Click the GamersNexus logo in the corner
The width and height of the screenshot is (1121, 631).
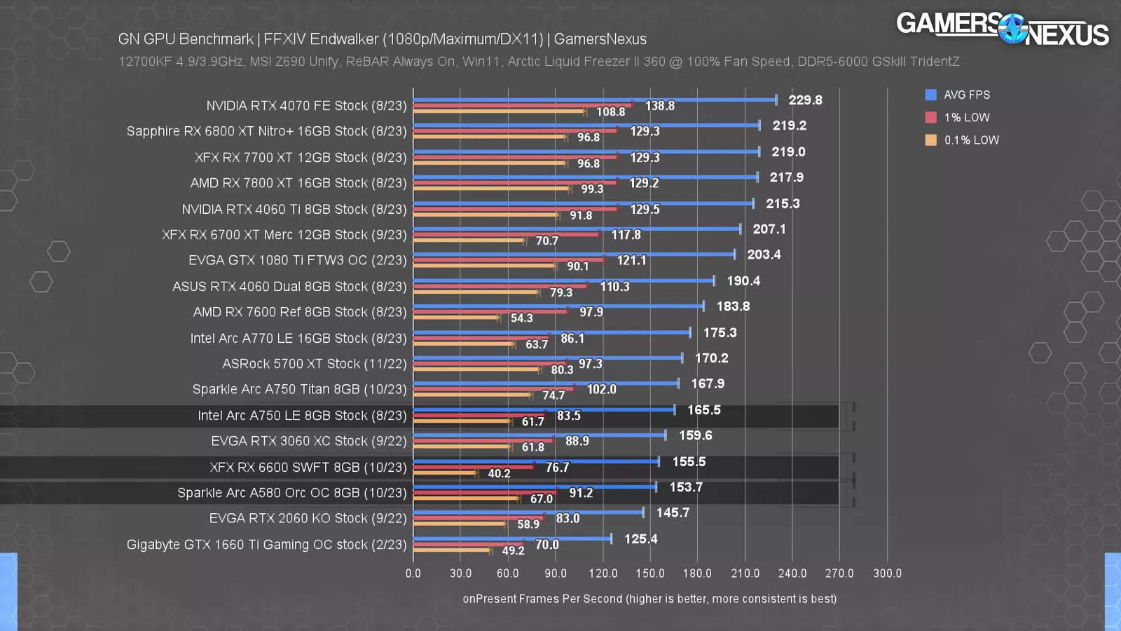tap(1002, 29)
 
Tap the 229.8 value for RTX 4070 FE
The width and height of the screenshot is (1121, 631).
tap(805, 100)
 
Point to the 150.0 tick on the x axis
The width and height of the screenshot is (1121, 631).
tap(649, 573)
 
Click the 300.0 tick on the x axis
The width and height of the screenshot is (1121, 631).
tap(886, 573)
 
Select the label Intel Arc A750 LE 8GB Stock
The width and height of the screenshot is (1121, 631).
tap(301, 415)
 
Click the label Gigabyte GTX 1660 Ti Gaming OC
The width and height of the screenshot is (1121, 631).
tap(266, 544)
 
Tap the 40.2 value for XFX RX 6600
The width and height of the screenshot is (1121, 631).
tap(499, 473)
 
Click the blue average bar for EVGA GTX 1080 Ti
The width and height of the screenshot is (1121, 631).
tap(575, 255)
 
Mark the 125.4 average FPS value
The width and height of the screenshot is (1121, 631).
tap(640, 538)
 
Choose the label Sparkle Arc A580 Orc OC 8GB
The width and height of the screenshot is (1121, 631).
tap(291, 492)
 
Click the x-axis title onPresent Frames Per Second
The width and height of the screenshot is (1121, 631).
tap(649, 598)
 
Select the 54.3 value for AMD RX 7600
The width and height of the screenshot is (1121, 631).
tap(521, 318)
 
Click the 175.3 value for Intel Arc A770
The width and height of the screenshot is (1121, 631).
tap(720, 332)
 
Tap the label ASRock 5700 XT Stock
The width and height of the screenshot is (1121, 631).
tap(314, 363)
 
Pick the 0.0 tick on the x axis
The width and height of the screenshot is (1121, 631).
tap(413, 573)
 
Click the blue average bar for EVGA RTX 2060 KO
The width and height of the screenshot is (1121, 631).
tap(529, 513)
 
